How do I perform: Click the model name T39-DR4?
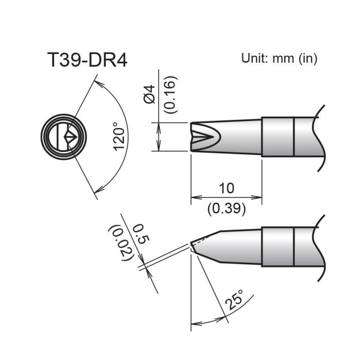(87, 61)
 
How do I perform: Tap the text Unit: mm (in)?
(279, 58)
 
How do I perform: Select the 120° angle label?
(119, 136)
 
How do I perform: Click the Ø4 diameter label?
(150, 95)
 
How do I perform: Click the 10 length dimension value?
(226, 188)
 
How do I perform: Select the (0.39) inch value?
(226, 209)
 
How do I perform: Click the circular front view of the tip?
(64, 137)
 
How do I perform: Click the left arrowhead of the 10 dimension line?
(194, 196)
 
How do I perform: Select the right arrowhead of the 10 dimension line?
(258, 196)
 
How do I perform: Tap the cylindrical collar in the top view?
(278, 137)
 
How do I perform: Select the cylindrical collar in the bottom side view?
(278, 246)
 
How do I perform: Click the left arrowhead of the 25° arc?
(194, 324)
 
